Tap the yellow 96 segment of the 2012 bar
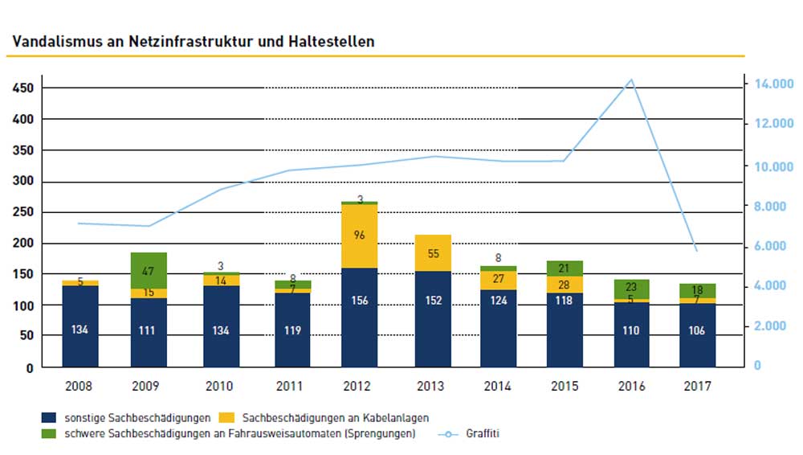pos(359,236)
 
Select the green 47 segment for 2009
pos(149,271)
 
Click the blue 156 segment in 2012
pos(359,318)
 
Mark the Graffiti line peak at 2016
pos(631,80)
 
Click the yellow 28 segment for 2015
pos(563,285)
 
